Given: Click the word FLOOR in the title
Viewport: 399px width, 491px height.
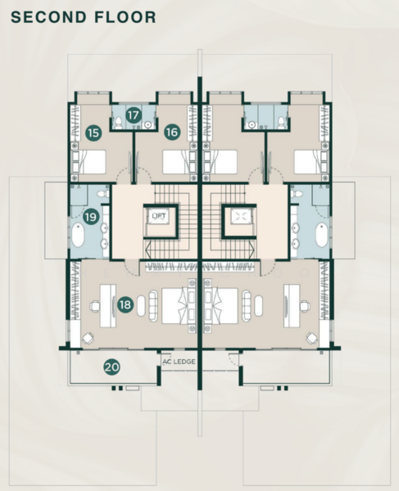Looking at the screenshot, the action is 125,17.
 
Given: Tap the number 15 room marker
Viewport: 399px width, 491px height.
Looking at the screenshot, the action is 93,133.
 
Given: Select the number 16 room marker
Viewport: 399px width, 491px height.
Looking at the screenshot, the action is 172,132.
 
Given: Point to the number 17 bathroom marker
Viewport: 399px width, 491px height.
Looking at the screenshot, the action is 134,115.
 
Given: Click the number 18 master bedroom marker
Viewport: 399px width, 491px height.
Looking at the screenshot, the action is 125,304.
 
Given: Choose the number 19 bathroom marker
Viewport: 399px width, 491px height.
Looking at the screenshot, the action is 91,216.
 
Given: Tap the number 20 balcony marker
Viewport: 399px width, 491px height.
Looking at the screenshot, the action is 112,367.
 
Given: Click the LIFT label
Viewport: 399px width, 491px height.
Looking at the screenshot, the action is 159,216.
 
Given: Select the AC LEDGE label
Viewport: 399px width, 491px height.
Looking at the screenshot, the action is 179,362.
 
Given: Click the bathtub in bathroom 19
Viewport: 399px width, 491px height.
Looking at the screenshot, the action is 78,235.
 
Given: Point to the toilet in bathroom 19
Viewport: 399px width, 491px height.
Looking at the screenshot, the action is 102,194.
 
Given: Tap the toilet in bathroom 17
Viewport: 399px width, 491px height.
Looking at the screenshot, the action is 118,123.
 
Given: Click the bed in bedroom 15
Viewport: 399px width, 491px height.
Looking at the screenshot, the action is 88,162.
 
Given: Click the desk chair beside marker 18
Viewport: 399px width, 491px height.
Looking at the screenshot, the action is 95,306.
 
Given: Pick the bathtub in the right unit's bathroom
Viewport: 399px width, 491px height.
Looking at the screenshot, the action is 321,235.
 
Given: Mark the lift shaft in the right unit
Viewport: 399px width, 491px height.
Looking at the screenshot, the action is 239,220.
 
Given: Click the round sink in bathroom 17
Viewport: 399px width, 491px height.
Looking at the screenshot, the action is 148,125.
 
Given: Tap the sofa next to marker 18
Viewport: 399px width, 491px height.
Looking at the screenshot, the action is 153,305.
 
